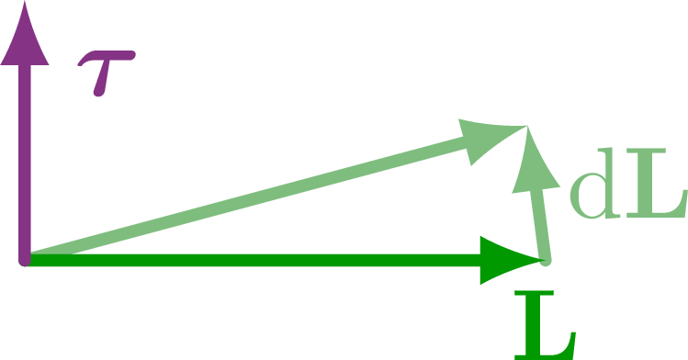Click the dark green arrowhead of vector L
(x=510, y=260)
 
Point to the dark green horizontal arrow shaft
(x=257, y=260)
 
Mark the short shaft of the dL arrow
(x=541, y=225)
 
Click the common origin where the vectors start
(x=26, y=260)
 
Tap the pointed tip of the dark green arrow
(x=544, y=260)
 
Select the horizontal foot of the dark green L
(x=551, y=349)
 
